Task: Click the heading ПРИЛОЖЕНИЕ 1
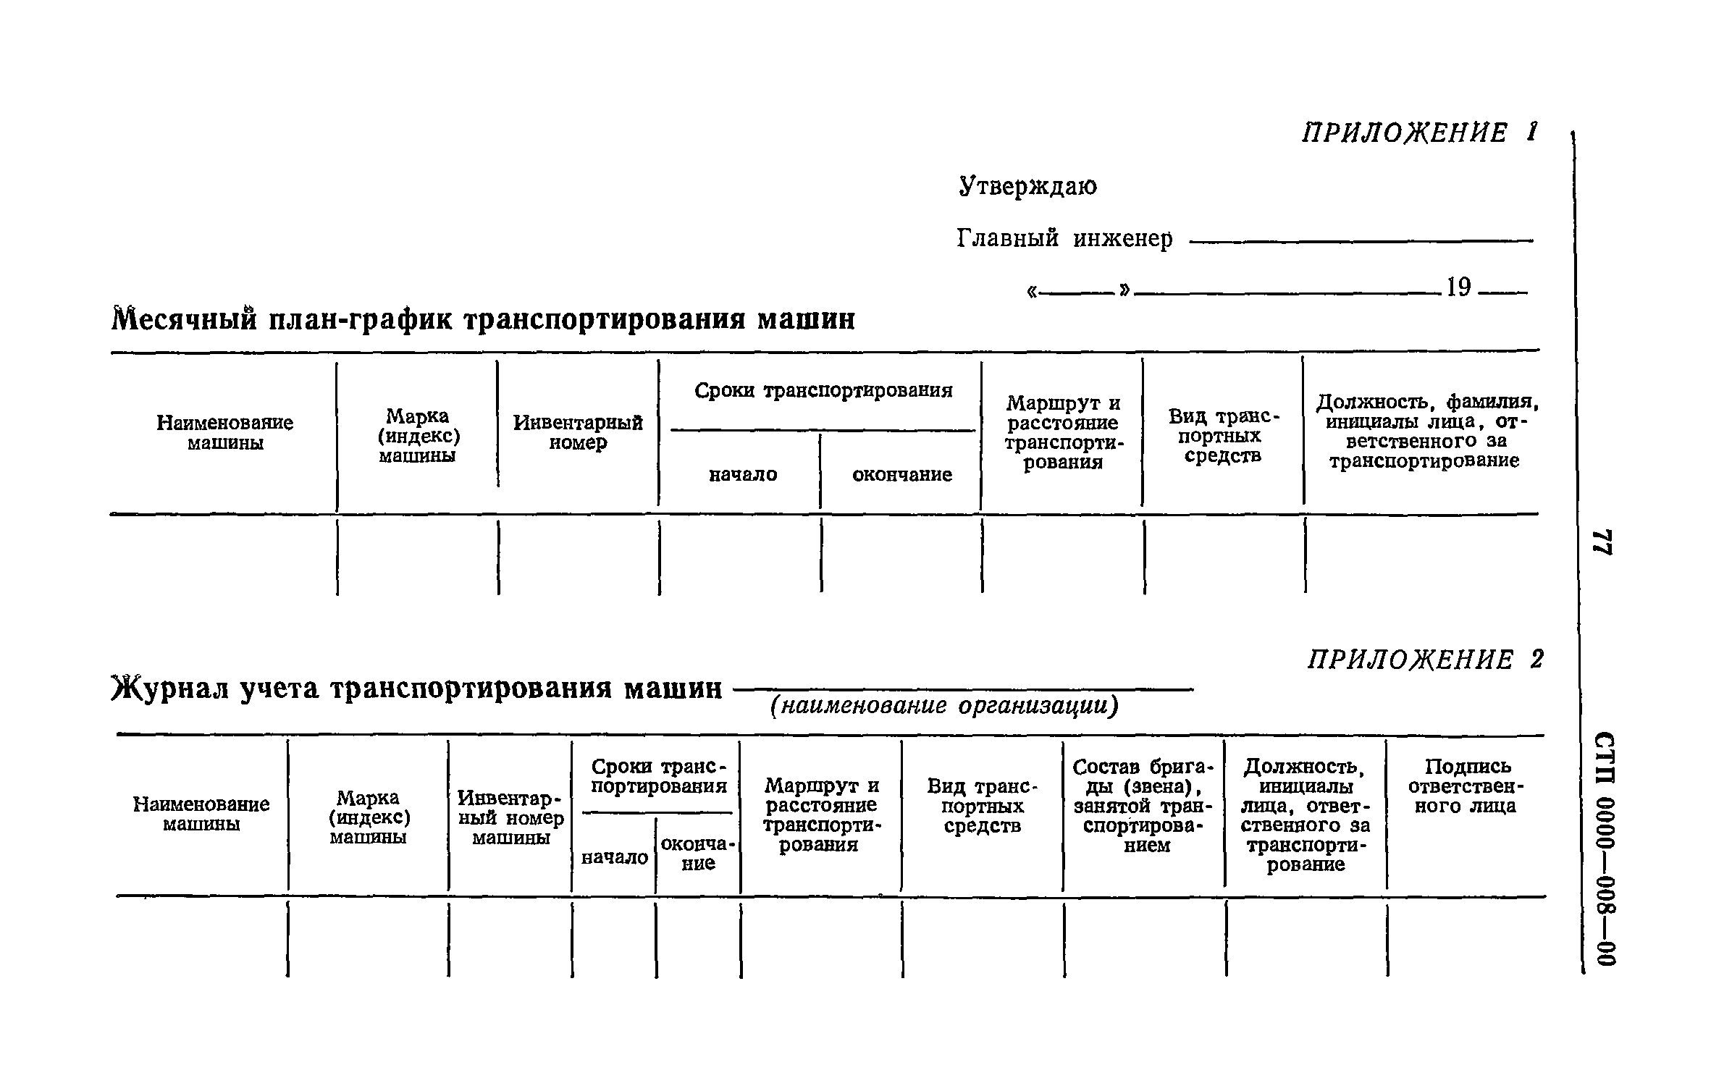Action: [x=1418, y=133]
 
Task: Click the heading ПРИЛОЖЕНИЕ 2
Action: [x=1425, y=660]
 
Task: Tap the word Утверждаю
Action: [x=1027, y=187]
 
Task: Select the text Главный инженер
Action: [x=1064, y=238]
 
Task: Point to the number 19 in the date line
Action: [x=1458, y=288]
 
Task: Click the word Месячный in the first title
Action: [x=185, y=319]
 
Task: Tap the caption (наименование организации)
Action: [x=943, y=706]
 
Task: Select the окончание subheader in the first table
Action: [x=901, y=475]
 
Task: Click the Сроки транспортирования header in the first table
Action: [x=823, y=391]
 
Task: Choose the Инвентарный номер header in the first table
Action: [x=578, y=432]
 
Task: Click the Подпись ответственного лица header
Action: [x=1465, y=786]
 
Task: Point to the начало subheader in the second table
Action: [x=615, y=858]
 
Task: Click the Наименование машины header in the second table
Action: [x=201, y=814]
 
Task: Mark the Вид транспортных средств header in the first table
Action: [x=1223, y=436]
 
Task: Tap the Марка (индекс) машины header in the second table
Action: [x=369, y=817]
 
